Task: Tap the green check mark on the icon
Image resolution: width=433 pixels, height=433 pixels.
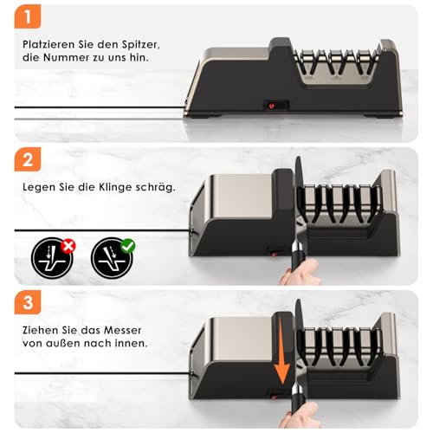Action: [127, 246]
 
